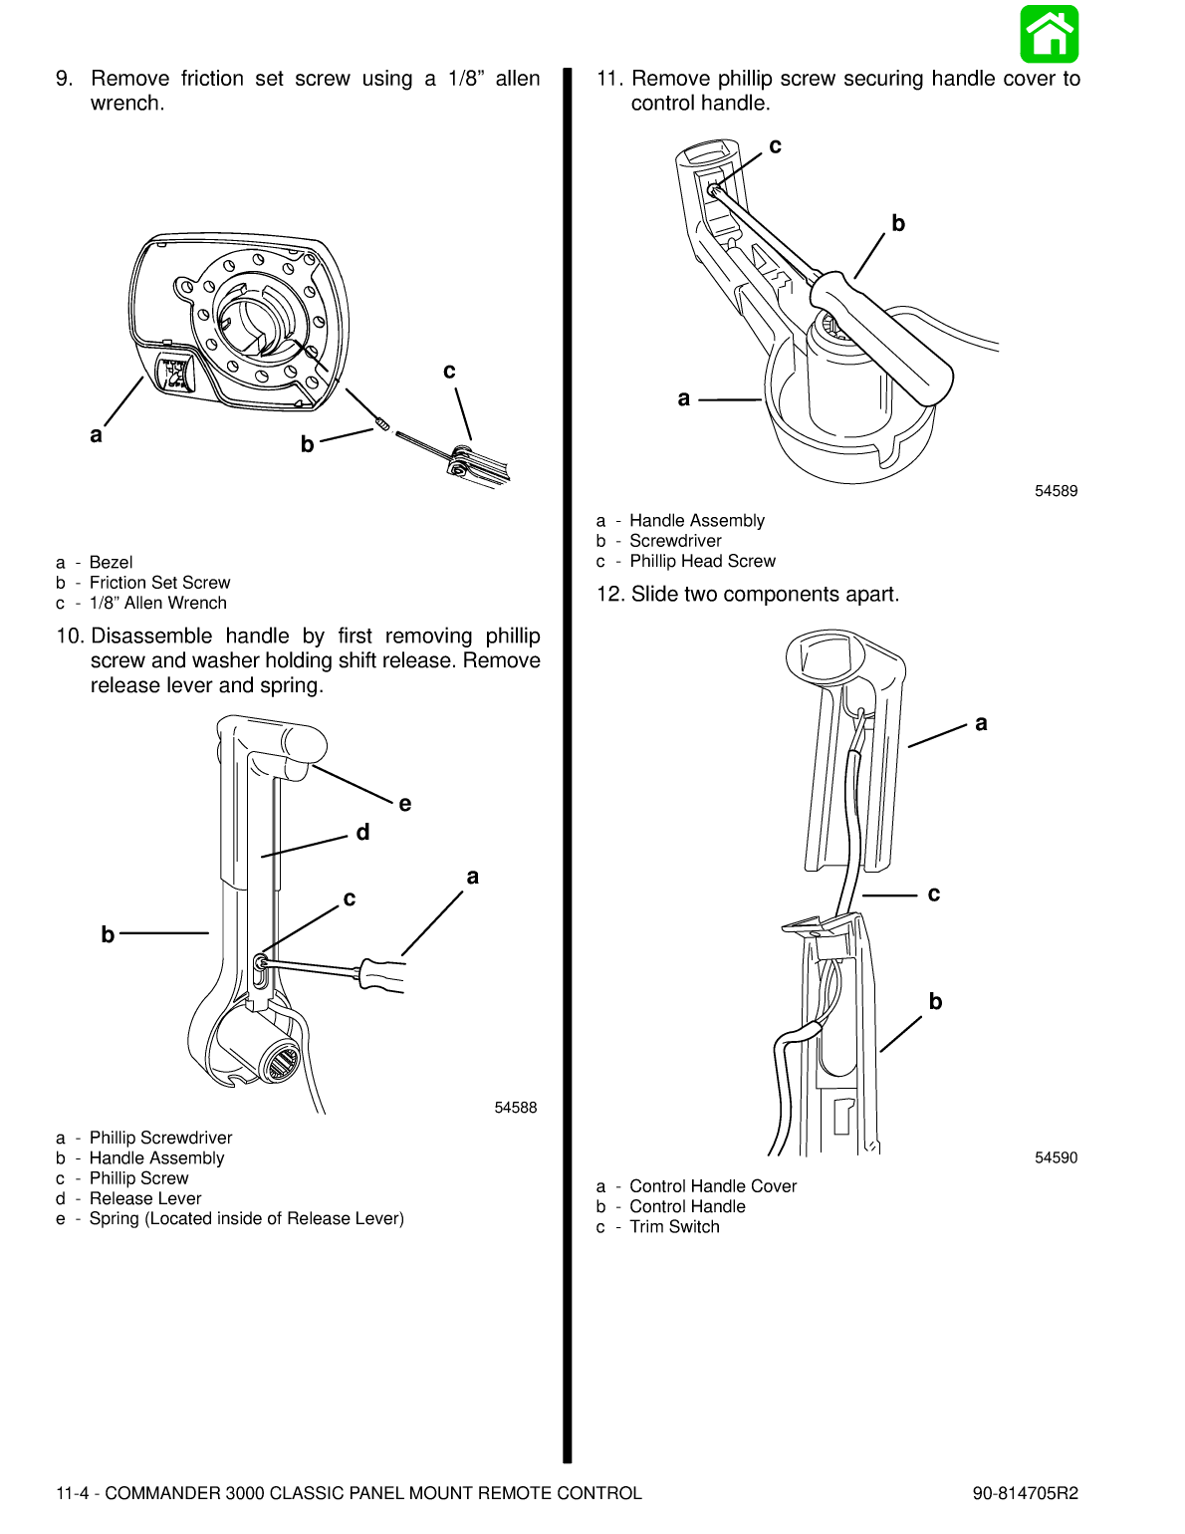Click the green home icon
[x=1049, y=34]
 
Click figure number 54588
[x=515, y=1108]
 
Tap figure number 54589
[x=1056, y=491]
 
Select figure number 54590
[x=1056, y=1157]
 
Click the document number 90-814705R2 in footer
[x=1025, y=1493]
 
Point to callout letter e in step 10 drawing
[x=404, y=804]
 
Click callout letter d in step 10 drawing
[x=362, y=833]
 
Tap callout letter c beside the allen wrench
[x=449, y=372]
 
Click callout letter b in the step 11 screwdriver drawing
[x=898, y=224]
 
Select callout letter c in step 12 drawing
[x=933, y=895]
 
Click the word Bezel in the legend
[x=111, y=563]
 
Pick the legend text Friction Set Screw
[x=159, y=583]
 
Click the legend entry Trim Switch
[x=674, y=1227]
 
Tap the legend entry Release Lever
[x=145, y=1198]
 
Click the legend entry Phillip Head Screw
[x=702, y=562]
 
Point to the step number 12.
[x=609, y=595]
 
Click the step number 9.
[x=64, y=79]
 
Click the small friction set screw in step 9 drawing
[x=381, y=425]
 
